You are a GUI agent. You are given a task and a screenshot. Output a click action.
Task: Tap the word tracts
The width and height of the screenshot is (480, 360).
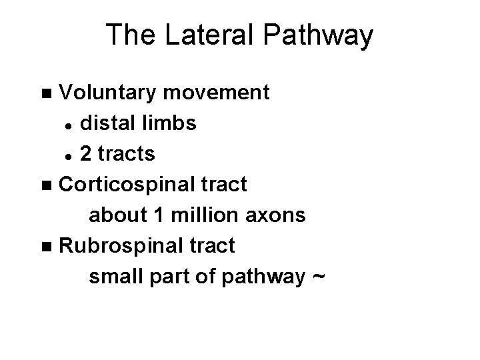127,155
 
